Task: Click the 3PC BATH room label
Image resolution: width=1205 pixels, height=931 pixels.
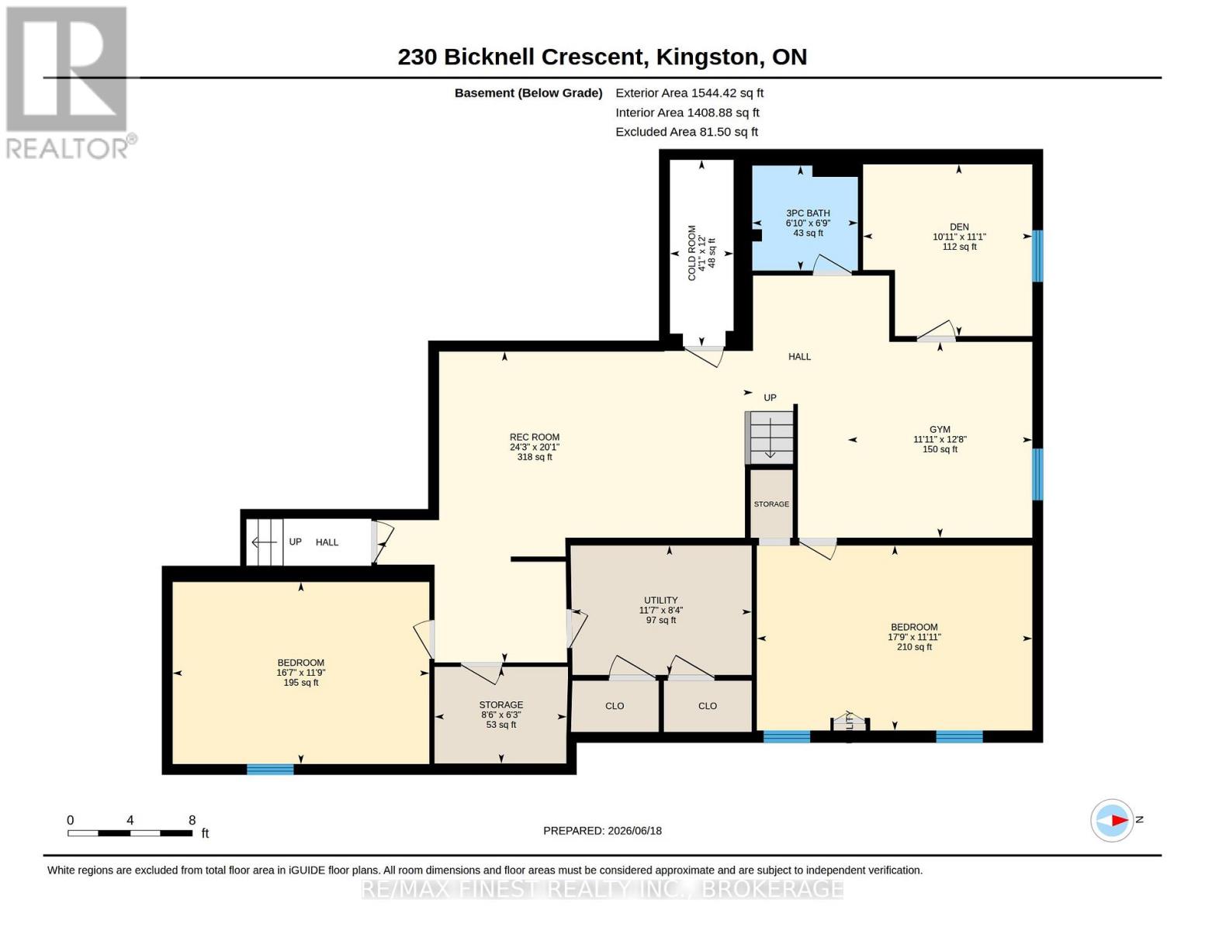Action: [x=808, y=213]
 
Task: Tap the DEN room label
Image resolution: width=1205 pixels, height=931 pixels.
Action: [x=959, y=227]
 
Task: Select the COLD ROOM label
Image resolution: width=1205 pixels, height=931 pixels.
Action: [x=691, y=253]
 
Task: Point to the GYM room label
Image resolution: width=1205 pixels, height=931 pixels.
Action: [x=940, y=429]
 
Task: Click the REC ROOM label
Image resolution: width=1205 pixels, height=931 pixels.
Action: [x=534, y=437]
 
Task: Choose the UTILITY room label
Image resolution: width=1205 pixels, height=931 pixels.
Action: [x=660, y=600]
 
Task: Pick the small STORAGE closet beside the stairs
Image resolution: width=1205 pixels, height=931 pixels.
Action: [x=771, y=504]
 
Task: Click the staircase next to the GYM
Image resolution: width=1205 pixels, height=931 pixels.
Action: [x=770, y=438]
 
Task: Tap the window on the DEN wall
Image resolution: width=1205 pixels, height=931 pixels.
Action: [x=1037, y=255]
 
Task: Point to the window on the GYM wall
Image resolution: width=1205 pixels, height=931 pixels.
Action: [x=1037, y=474]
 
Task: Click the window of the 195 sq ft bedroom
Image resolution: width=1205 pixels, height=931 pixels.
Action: [x=270, y=769]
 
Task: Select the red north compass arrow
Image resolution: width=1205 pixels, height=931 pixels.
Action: [x=1120, y=820]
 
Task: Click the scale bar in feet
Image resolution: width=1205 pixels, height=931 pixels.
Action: [x=130, y=832]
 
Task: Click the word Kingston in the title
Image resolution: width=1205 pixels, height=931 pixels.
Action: [x=707, y=57]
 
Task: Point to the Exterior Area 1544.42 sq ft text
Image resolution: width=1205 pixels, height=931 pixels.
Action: [x=689, y=93]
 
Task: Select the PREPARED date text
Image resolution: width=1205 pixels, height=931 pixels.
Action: [x=602, y=831]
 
